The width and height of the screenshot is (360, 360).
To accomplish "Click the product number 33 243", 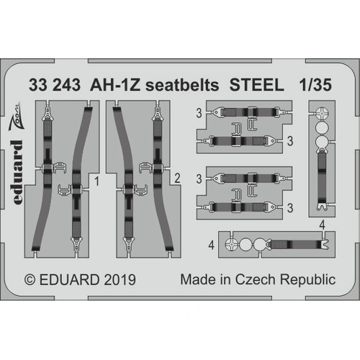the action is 55,85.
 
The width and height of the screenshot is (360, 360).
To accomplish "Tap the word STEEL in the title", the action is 256,85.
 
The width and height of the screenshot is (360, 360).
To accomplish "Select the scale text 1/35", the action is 316,85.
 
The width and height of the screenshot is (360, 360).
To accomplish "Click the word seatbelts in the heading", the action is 182,85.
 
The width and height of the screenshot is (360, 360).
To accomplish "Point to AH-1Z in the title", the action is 114,85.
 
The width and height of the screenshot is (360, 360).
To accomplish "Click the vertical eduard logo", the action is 17,172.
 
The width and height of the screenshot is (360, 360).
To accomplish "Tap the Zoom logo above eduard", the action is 16,116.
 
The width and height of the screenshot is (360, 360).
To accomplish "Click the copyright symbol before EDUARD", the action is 30,280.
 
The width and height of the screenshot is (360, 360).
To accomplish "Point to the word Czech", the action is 255,280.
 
